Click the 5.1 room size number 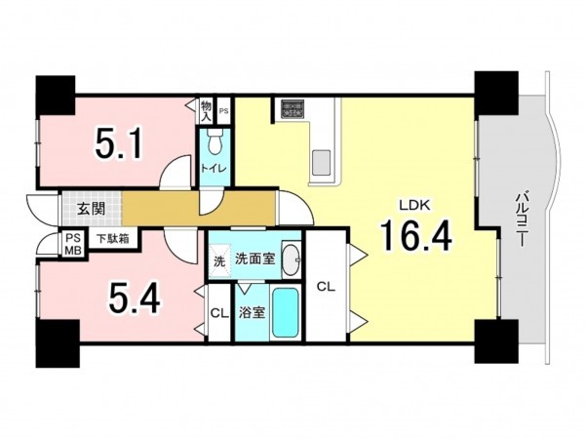119,143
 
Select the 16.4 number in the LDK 415,235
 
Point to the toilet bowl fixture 214,141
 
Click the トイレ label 214,168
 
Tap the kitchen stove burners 293,109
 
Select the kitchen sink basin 321,161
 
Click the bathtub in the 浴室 286,313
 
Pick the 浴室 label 252,312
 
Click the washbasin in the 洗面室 292,259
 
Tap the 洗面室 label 255,259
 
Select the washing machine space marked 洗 219,261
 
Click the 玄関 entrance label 91,209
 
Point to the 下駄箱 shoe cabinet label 113,239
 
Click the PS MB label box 73,244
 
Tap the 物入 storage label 206,111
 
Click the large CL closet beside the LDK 326,286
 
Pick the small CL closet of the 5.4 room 219,313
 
